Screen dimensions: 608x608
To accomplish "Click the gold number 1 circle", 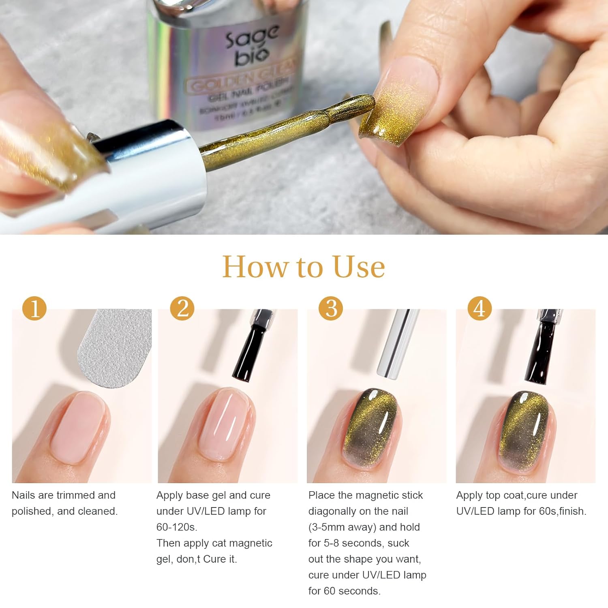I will (34, 308).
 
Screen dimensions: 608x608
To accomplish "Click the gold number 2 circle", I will (182, 308).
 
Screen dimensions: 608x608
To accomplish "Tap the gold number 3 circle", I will (331, 308).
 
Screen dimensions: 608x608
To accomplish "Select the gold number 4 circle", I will (480, 308).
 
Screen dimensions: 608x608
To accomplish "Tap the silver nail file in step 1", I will (116, 347).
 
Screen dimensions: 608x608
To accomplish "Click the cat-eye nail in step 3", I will (371, 426).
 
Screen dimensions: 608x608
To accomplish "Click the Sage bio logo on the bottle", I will (253, 45).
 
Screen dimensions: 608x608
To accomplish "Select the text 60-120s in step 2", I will (177, 527).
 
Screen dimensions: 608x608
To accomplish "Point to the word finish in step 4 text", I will (572, 511).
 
